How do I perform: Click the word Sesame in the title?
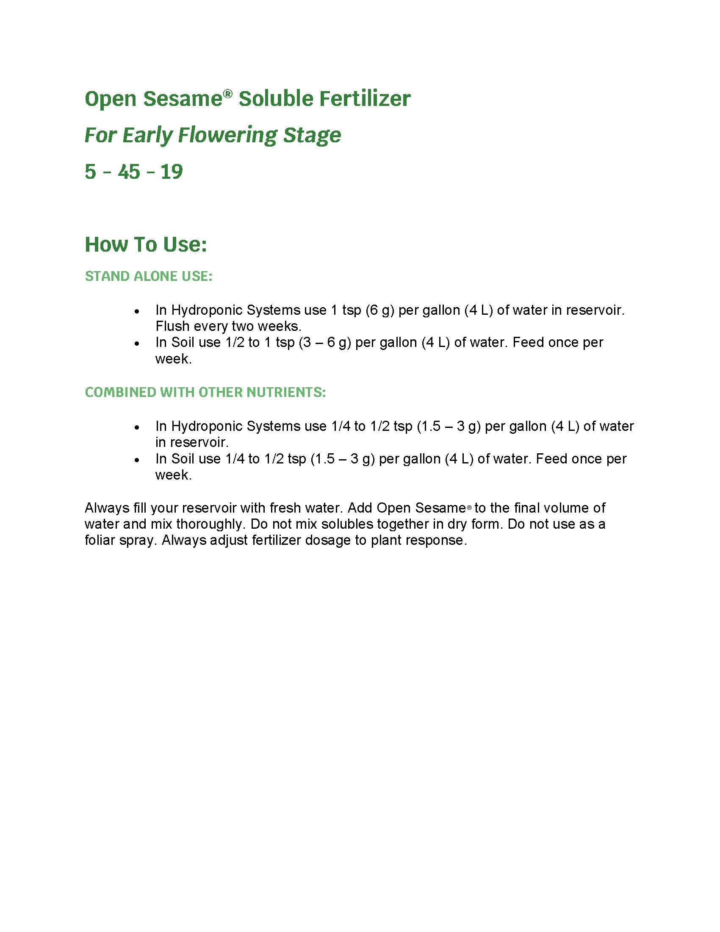pos(183,99)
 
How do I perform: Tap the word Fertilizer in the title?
pos(365,99)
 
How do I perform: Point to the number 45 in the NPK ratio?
pos(129,172)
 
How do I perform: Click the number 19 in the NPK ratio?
pos(172,172)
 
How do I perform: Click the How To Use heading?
pos(145,244)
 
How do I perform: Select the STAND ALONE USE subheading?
pos(148,276)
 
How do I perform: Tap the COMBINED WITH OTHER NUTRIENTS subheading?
pos(205,392)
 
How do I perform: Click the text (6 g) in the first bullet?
pos(379,310)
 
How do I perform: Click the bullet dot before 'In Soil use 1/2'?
pos(136,343)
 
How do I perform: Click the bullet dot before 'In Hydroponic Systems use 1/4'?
pos(136,427)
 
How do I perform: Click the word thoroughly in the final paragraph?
pos(211,524)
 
